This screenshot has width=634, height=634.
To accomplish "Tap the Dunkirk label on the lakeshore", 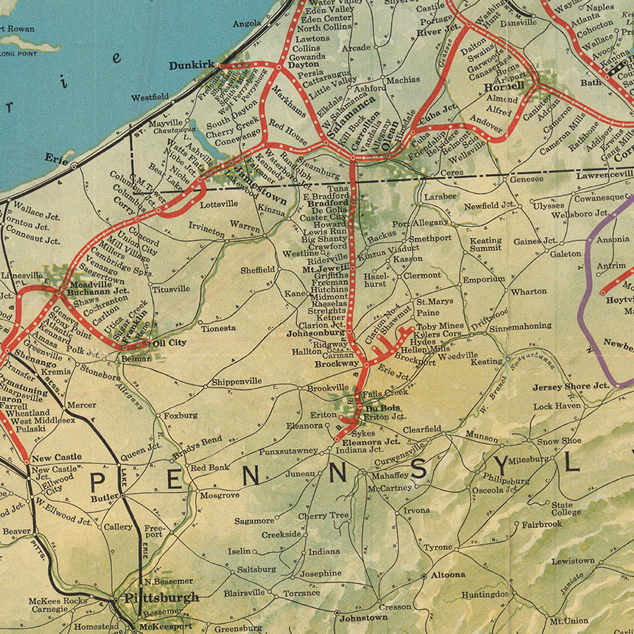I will [x=191, y=65].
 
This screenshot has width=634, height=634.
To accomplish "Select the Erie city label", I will [x=54, y=160].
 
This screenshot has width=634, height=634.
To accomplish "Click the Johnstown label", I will [x=363, y=618].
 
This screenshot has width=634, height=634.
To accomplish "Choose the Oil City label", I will [x=170, y=343].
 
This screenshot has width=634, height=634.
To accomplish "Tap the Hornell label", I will [x=504, y=87].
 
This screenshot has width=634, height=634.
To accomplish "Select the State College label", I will [x=562, y=509].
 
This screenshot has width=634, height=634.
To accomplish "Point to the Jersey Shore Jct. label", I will [x=570, y=387].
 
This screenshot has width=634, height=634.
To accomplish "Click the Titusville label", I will [x=170, y=289].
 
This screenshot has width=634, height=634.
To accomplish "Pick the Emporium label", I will [x=484, y=280].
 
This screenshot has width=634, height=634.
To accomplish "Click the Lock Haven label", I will [x=557, y=407].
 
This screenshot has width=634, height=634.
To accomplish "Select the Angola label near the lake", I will [x=247, y=23].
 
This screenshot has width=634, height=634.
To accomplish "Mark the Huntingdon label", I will [x=485, y=595].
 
